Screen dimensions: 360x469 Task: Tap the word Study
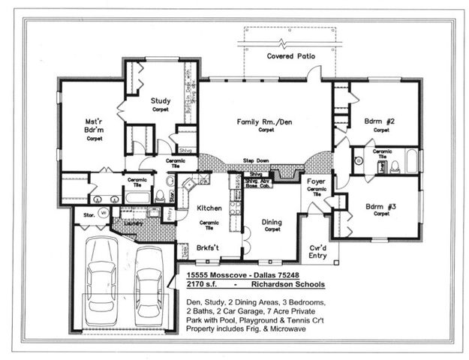pyautogui.click(x=160, y=100)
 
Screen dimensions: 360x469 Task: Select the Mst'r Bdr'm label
pyautogui.click(x=94, y=124)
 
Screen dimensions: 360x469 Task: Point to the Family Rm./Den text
pyautogui.click(x=265, y=121)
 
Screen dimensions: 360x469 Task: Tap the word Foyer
pyautogui.click(x=316, y=181)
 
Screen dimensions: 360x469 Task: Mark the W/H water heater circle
pyautogui.click(x=104, y=212)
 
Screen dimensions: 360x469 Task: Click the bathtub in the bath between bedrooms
pyautogui.click(x=412, y=160)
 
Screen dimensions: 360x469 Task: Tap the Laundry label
pyautogui.click(x=133, y=223)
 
